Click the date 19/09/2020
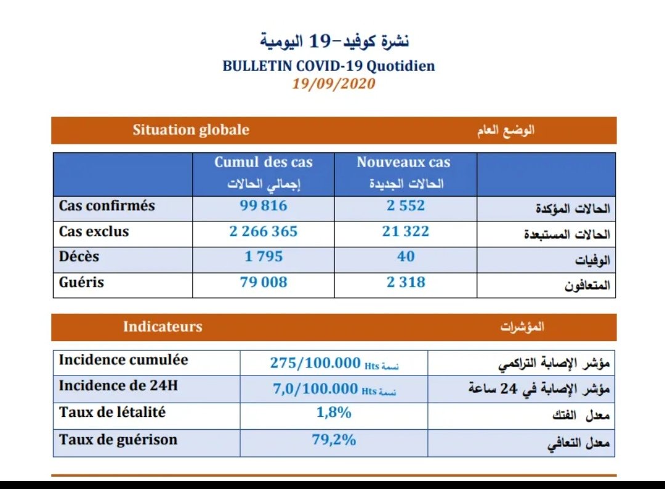click(x=333, y=83)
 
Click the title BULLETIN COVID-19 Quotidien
click(x=329, y=66)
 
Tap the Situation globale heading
click(x=191, y=130)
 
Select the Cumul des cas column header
click(x=264, y=163)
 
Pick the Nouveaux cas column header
click(x=403, y=163)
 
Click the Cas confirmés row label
click(x=107, y=206)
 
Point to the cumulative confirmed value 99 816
click(x=264, y=206)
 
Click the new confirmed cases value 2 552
click(x=406, y=206)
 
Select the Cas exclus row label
click(x=94, y=232)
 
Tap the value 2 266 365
click(x=264, y=232)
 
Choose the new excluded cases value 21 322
click(x=406, y=232)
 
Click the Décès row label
click(x=79, y=257)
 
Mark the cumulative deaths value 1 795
click(x=264, y=257)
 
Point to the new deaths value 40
click(x=406, y=257)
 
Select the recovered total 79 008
click(x=264, y=282)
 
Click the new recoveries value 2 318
click(x=406, y=282)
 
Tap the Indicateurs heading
click(x=163, y=327)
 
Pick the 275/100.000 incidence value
click(x=315, y=363)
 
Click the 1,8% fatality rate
click(x=334, y=413)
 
